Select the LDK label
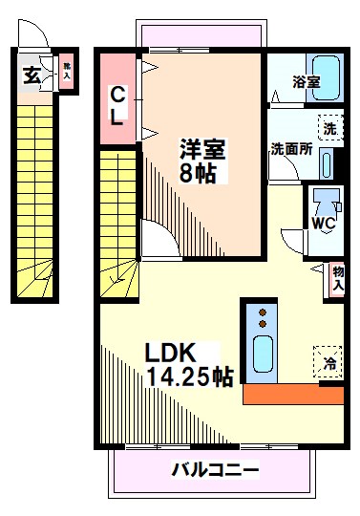coord(170,352)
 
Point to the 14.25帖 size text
coord(189,376)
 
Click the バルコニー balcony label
coord(216,470)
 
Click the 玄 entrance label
coord(32,75)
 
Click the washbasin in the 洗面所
coord(327,161)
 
